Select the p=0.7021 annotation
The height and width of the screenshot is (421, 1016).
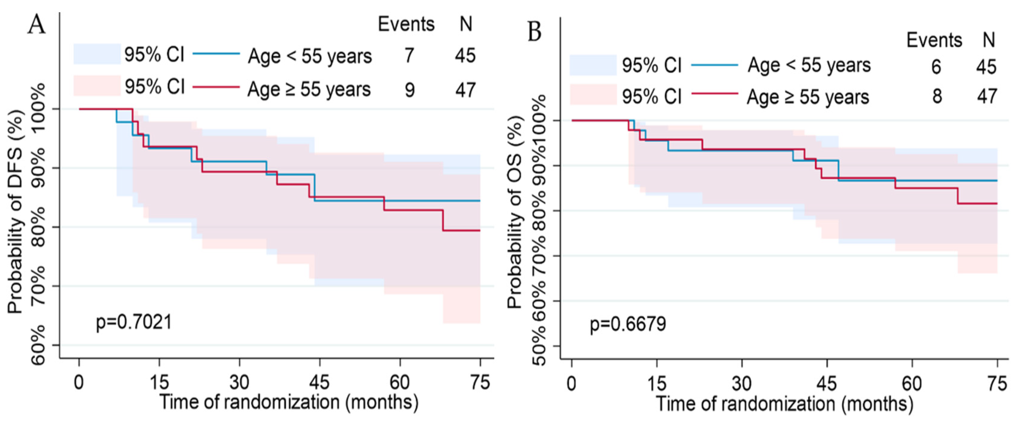pos(134,322)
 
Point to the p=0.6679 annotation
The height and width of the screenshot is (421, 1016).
pos(628,324)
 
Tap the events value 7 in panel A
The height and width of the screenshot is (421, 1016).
pos(409,55)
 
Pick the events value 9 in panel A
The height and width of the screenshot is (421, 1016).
pos(410,90)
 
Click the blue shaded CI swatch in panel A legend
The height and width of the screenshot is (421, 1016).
pos(97,54)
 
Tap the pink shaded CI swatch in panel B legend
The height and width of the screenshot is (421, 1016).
pos(593,94)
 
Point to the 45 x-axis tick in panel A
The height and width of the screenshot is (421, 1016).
pos(319,382)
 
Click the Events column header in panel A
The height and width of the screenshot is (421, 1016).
pos(406,24)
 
